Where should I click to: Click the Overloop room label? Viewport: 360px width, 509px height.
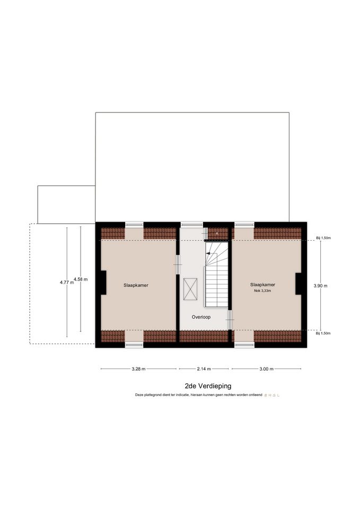tap(201, 317)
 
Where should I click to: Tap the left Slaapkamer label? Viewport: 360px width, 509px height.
tap(136, 285)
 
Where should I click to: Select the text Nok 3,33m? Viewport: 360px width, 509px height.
tap(262, 291)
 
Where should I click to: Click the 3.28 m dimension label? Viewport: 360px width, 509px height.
tap(138, 369)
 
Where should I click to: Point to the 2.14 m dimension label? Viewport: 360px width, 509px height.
tap(204, 369)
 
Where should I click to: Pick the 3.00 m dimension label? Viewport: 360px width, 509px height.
tap(267, 369)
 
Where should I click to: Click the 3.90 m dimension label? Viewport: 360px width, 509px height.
tap(320, 286)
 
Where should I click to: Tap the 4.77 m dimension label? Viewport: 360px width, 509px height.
tap(67, 283)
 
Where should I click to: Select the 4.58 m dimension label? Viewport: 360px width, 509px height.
tap(81, 279)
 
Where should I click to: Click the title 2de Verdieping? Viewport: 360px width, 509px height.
tap(208, 386)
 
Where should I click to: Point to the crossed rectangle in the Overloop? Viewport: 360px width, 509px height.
tap(190, 289)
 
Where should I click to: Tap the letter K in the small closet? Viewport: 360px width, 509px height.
tap(217, 233)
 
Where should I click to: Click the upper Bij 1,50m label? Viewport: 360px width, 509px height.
tap(323, 238)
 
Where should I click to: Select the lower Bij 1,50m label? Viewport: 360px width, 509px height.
tap(323, 334)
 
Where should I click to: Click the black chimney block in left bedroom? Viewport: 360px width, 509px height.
tap(103, 283)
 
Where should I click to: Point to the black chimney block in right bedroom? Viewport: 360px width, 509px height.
tap(298, 284)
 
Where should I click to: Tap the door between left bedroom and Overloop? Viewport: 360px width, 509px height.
tap(178, 265)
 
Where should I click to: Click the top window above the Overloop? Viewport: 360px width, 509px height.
tap(191, 224)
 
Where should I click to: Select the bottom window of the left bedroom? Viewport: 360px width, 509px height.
tap(134, 345)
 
